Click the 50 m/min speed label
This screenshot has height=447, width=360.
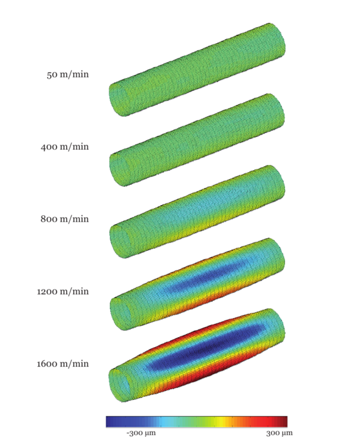coord(67,75)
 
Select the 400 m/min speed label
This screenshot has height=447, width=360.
coord(65,147)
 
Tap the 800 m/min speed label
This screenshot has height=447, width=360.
coord(65,219)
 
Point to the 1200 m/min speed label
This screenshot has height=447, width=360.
coord(62,291)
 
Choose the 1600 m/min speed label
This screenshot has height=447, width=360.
coord(62,364)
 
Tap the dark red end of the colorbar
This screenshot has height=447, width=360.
coord(282,421)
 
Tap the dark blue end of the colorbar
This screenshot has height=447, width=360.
coord(112,421)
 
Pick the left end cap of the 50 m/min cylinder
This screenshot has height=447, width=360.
coord(119,99)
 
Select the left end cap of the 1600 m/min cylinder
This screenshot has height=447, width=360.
coord(119,385)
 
